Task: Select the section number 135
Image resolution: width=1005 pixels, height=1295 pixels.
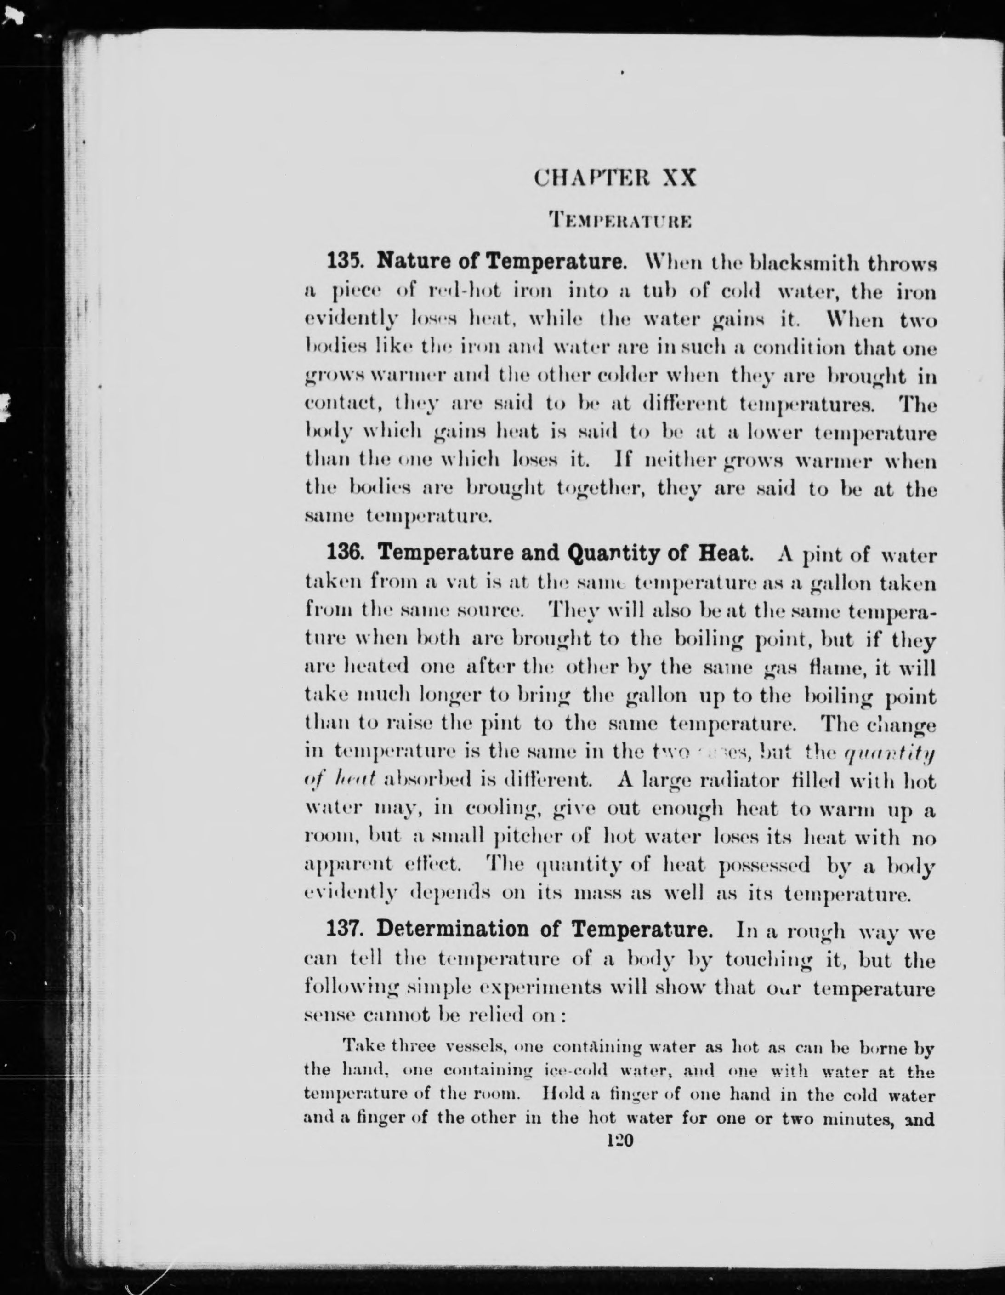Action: (343, 261)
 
